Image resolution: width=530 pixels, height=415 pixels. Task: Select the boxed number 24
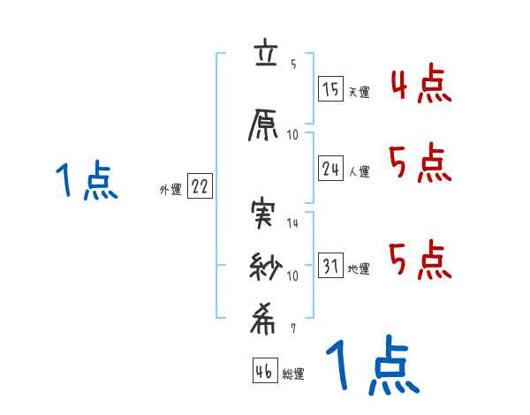pos(331,170)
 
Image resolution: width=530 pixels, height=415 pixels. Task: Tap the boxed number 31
pos(330,267)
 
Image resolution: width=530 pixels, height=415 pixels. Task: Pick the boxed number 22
pos(200,187)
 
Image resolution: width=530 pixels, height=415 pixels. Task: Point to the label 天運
pos(359,91)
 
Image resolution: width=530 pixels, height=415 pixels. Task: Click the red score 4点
pos(421,86)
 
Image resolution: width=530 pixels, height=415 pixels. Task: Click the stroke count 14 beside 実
pos(293,223)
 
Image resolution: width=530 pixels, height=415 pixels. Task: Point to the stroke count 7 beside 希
pos(293,328)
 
